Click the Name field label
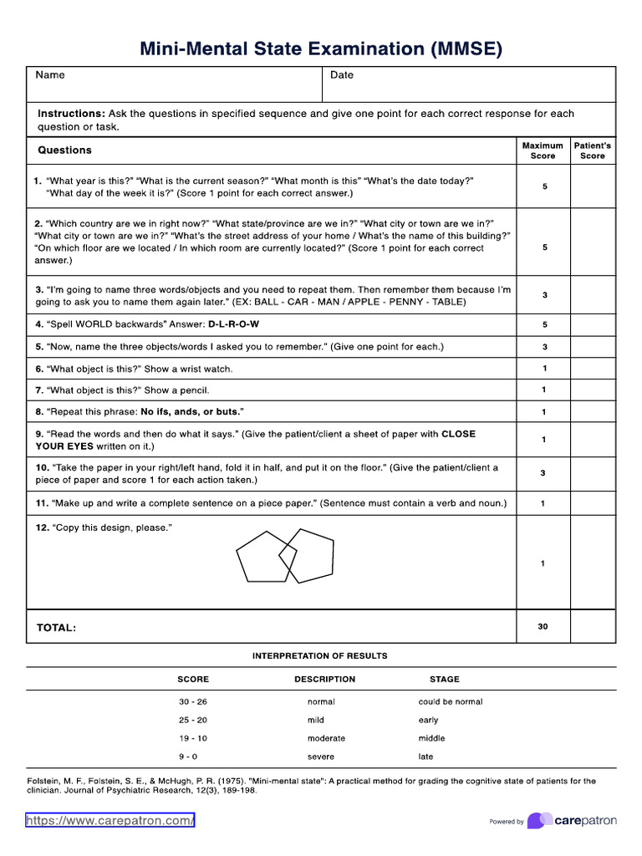coord(50,75)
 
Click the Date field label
coord(342,75)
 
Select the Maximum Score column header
coord(543,150)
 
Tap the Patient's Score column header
coord(593,150)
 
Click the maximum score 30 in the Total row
coord(543,626)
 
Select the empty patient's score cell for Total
coord(593,626)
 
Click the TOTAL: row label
coord(56,628)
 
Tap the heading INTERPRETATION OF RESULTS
coord(320,656)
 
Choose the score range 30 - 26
coord(193,702)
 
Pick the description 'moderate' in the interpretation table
coord(326,739)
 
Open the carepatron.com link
coord(110,821)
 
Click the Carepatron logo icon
coord(539,821)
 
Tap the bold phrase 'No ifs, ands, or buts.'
coord(192,412)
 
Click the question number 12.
coord(42,528)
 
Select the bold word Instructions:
coord(71,114)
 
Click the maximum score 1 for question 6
coord(544,369)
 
